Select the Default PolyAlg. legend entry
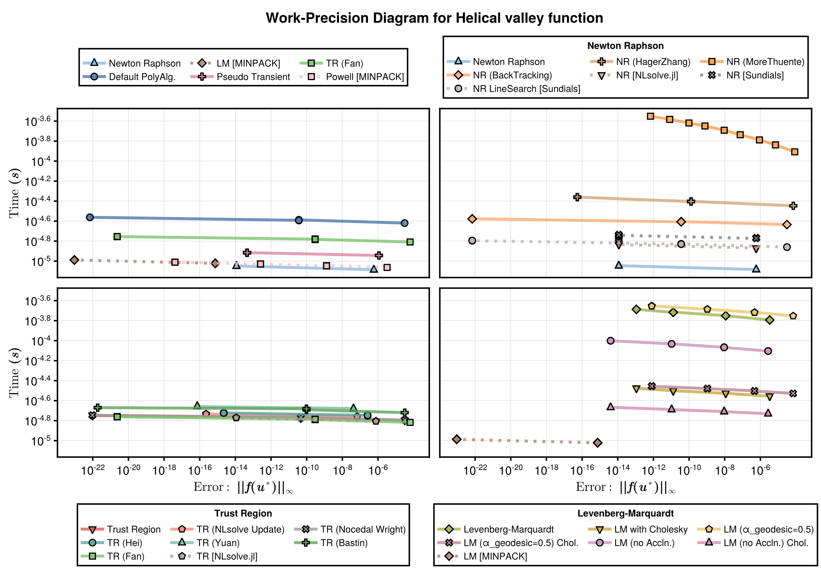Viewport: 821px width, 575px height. click(142, 77)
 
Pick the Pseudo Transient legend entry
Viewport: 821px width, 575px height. click(253, 77)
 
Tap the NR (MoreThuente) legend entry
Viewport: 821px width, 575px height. click(765, 62)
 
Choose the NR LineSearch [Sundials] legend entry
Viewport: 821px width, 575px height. click(526, 89)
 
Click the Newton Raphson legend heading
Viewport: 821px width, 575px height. click(625, 46)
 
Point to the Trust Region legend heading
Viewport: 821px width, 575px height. click(243, 513)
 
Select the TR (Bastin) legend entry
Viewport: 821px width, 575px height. click(344, 543)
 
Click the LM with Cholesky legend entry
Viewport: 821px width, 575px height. click(651, 529)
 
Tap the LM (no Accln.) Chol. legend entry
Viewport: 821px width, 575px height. click(766, 543)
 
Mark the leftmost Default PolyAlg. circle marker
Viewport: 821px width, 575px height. click(90, 217)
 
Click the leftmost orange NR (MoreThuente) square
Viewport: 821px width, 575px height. click(650, 116)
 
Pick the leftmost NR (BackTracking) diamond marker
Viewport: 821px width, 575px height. click(472, 219)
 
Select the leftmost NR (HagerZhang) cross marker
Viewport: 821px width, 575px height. click(577, 197)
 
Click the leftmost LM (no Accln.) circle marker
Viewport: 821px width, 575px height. click(611, 341)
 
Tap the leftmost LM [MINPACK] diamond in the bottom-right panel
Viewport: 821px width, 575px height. click(456, 439)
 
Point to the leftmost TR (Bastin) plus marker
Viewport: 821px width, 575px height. click(98, 407)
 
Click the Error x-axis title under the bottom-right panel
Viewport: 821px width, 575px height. click(625, 487)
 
